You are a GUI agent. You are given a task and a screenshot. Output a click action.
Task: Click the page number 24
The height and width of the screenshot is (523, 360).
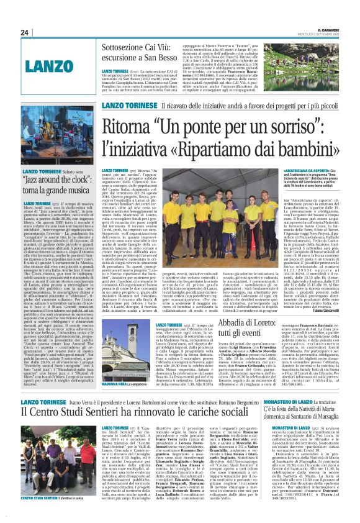click(x=24, y=32)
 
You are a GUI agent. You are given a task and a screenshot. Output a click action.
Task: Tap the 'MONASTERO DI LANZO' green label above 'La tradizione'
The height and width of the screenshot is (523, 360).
click(x=284, y=402)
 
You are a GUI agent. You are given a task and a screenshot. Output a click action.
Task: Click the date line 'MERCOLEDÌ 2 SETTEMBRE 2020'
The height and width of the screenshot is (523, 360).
click(x=332, y=34)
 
